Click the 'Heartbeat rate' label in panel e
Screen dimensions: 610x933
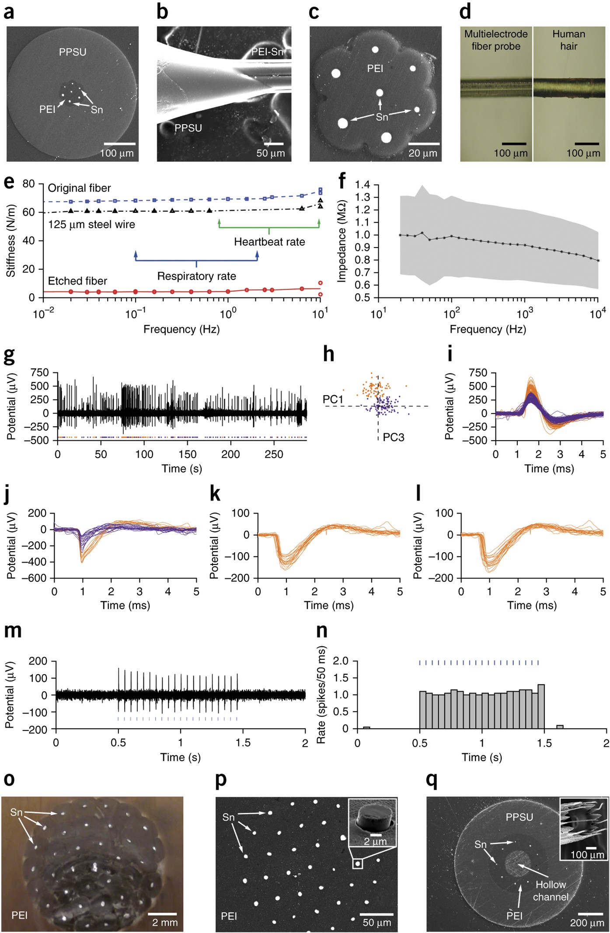269,242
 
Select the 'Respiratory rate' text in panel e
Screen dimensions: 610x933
196,276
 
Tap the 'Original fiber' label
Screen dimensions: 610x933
79,188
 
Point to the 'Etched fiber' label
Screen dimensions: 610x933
77,281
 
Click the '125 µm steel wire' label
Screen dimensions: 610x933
91,225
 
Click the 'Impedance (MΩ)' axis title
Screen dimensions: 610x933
342,241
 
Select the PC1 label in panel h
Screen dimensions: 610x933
333,399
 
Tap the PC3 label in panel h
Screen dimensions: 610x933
394,437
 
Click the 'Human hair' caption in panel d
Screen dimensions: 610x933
568,40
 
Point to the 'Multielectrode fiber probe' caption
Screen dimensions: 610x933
496,40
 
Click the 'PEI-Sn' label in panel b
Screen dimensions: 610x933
267,52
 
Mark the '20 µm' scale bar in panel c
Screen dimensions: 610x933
424,144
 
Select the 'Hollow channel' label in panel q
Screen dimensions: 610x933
551,891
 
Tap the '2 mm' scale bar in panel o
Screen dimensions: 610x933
163,914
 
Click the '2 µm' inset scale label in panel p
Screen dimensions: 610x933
375,842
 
